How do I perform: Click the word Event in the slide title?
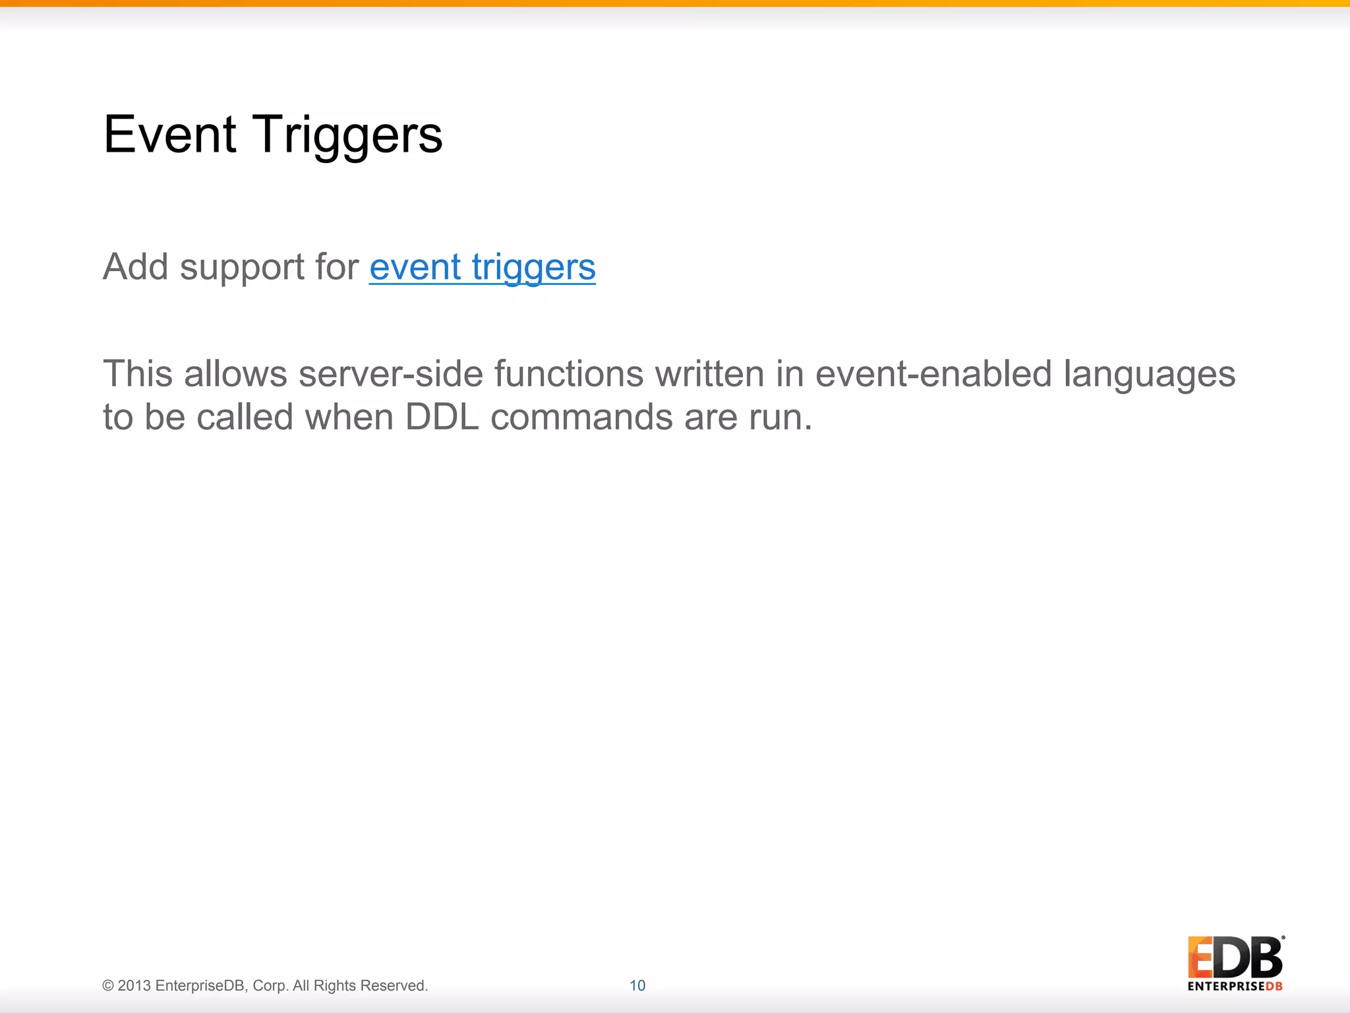click(x=169, y=135)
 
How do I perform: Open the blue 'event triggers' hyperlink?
click(x=482, y=267)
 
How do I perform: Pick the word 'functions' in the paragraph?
click(x=568, y=374)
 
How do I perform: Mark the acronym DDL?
click(x=442, y=417)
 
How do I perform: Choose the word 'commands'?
click(x=581, y=417)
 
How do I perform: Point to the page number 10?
click(x=637, y=985)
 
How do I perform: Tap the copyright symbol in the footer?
click(x=108, y=986)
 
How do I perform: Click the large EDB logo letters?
click(x=1235, y=958)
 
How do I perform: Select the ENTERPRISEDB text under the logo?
click(x=1235, y=987)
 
